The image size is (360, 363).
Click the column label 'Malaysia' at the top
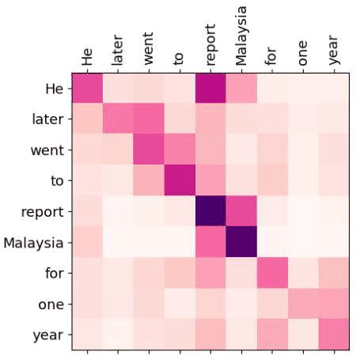241,36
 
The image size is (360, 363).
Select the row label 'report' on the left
42,212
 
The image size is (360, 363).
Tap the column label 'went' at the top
149,49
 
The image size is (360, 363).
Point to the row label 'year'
48,335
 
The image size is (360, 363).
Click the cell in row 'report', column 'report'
210,211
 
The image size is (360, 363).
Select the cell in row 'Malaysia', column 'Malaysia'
241,242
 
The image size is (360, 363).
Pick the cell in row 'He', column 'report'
210,88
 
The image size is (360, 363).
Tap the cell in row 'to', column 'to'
180,180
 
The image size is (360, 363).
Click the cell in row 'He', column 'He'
87,88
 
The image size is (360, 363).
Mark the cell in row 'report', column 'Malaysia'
241,211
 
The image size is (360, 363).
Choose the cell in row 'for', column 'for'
272,273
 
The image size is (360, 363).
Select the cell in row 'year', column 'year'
334,335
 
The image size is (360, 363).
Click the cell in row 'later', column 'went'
149,119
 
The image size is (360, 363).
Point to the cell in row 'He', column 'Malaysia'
241,88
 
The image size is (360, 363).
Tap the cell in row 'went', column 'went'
149,149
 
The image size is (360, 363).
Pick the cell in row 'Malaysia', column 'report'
210,242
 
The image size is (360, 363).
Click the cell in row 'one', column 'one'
303,304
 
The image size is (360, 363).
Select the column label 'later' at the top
117,50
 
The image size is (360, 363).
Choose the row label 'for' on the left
55,273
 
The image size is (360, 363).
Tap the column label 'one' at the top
303,53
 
